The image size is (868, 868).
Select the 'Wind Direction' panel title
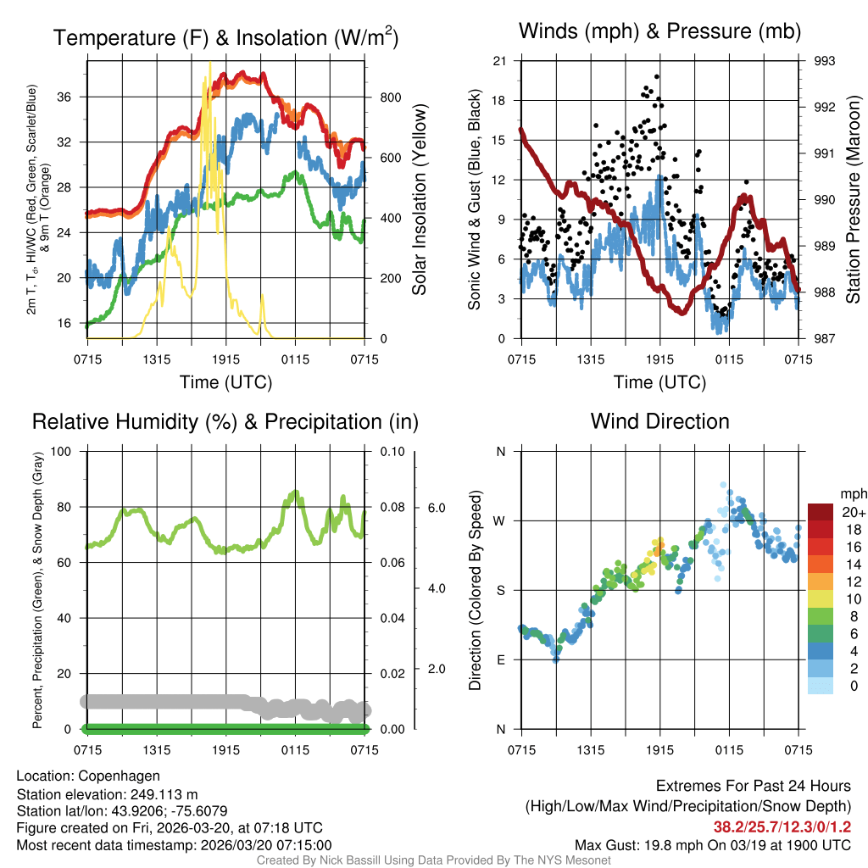[659, 421]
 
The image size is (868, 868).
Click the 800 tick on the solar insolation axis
[390, 97]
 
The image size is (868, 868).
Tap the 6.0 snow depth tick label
[436, 507]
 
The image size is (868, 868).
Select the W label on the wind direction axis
[500, 520]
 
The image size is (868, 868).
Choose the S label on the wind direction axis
[501, 590]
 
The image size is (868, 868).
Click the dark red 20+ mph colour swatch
[821, 513]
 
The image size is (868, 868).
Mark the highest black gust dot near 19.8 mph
[657, 76]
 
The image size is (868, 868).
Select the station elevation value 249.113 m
[164, 794]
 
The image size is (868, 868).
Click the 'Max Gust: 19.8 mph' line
[713, 845]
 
